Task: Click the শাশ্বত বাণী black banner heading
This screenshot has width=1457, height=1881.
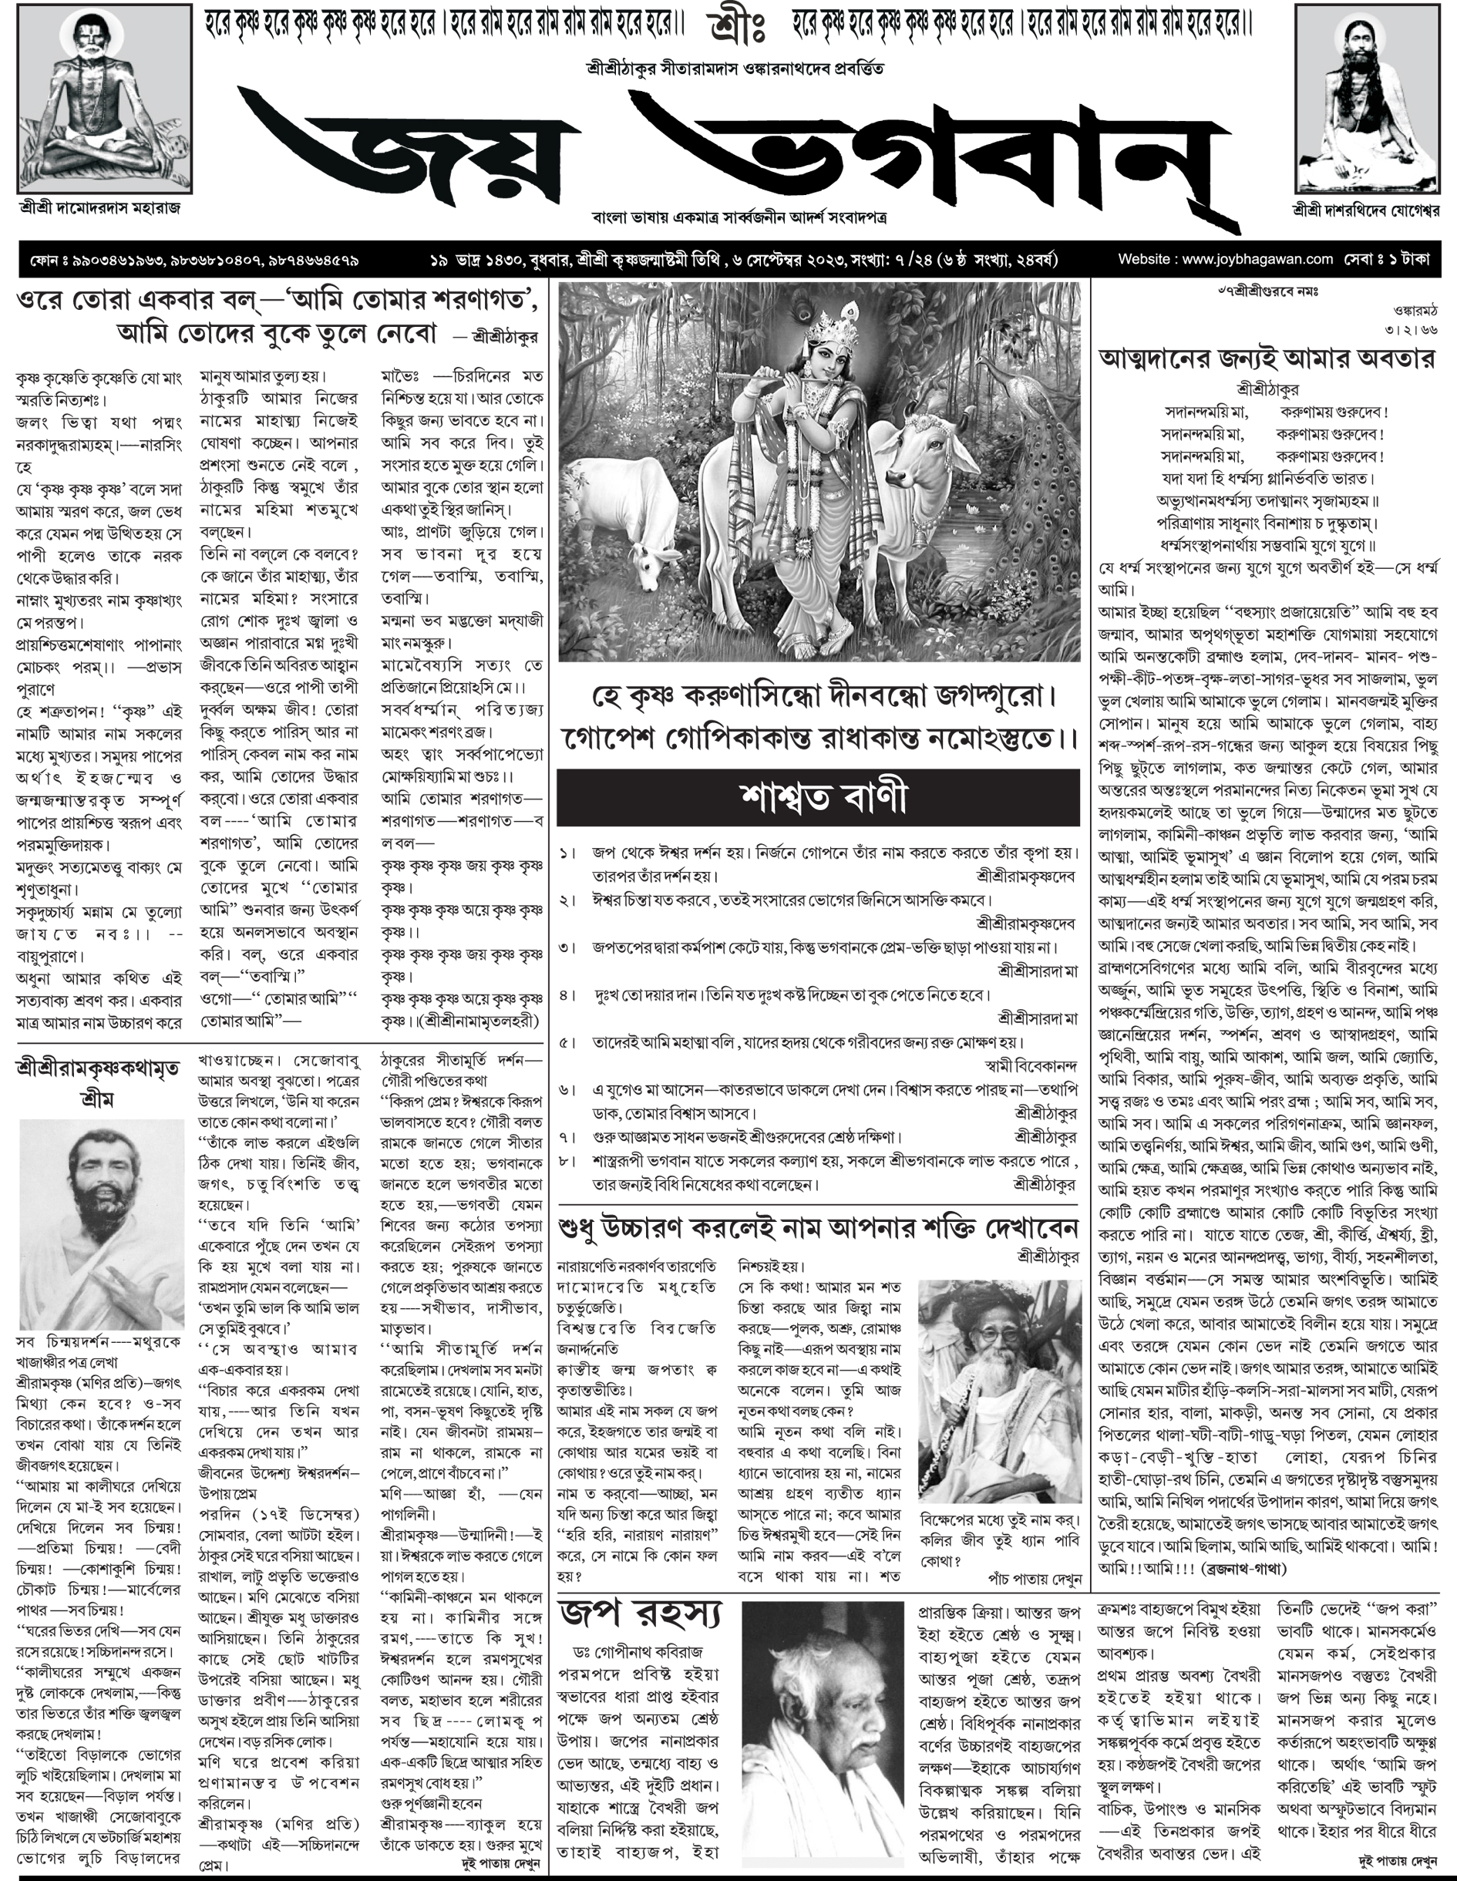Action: [x=818, y=798]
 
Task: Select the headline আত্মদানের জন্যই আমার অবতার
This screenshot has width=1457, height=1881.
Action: [x=1266, y=358]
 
